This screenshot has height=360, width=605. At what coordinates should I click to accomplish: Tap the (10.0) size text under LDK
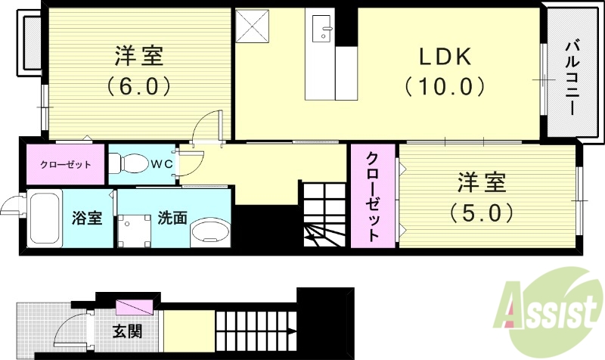pyautogui.click(x=445, y=87)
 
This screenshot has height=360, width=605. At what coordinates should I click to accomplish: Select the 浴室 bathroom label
pyautogui.click(x=86, y=219)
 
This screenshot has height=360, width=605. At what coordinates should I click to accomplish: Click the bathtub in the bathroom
pyautogui.click(x=45, y=219)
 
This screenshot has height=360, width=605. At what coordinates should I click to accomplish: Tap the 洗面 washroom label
pyautogui.click(x=172, y=219)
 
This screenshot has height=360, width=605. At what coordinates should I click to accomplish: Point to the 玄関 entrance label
pyautogui.click(x=126, y=331)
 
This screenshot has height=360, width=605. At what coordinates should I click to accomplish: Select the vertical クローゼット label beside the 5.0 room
pyautogui.click(x=374, y=197)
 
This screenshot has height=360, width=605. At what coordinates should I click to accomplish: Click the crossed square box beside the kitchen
pyautogui.click(x=252, y=26)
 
